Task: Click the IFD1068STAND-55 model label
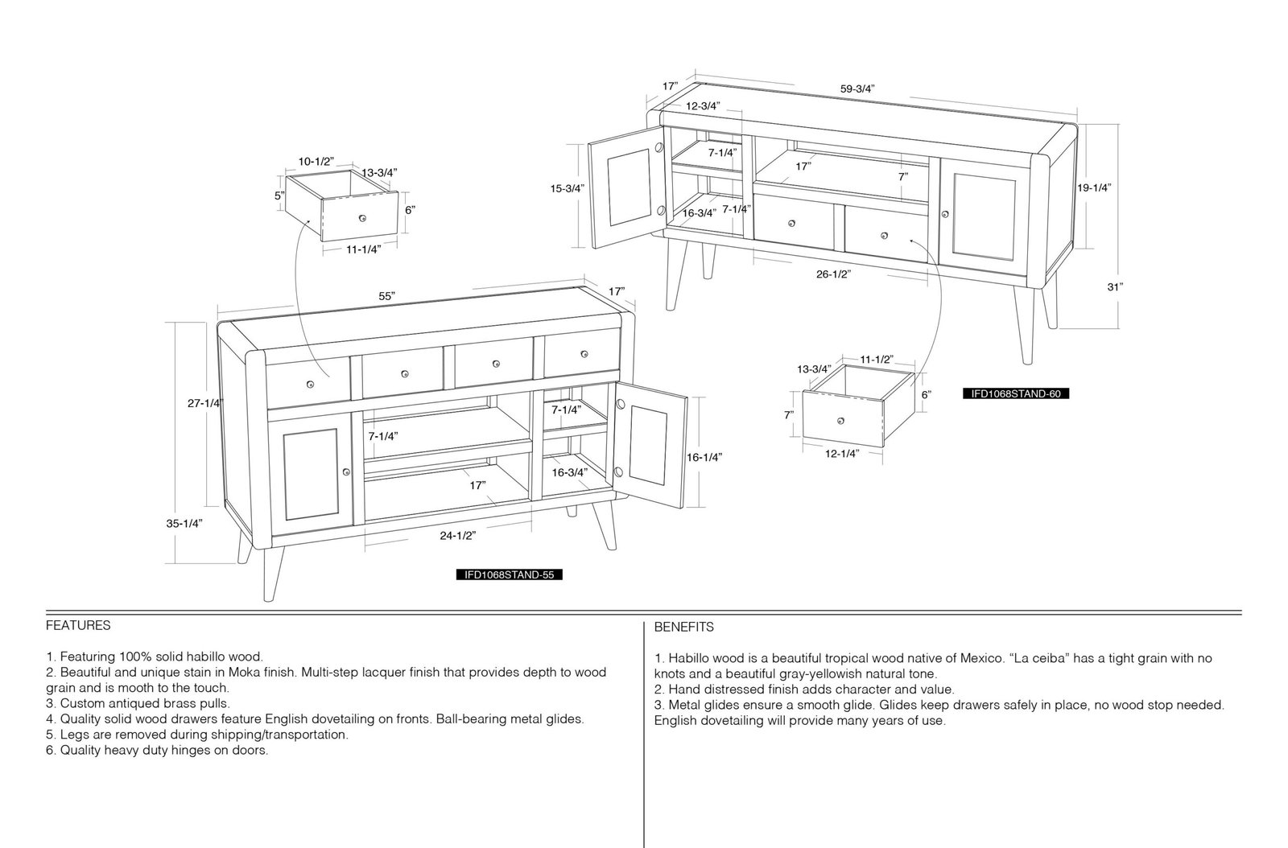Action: [509, 574]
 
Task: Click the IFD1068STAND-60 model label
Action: [1016, 393]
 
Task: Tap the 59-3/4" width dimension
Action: [857, 89]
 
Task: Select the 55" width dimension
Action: [386, 296]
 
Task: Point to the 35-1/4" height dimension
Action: [184, 524]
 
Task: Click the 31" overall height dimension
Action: [1115, 286]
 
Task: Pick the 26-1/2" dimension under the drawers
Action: [833, 274]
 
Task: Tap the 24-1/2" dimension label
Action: [458, 536]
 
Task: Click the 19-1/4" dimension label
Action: [1094, 187]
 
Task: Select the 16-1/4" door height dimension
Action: [704, 457]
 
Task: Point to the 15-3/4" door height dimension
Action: [568, 188]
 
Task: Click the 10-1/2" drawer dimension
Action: [316, 162]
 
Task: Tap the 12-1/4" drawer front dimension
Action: [842, 453]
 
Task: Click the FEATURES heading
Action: [78, 626]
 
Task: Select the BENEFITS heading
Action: [683, 628]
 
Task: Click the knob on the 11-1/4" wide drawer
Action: [362, 218]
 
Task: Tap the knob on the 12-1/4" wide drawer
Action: [840, 421]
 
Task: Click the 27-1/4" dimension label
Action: [204, 403]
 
